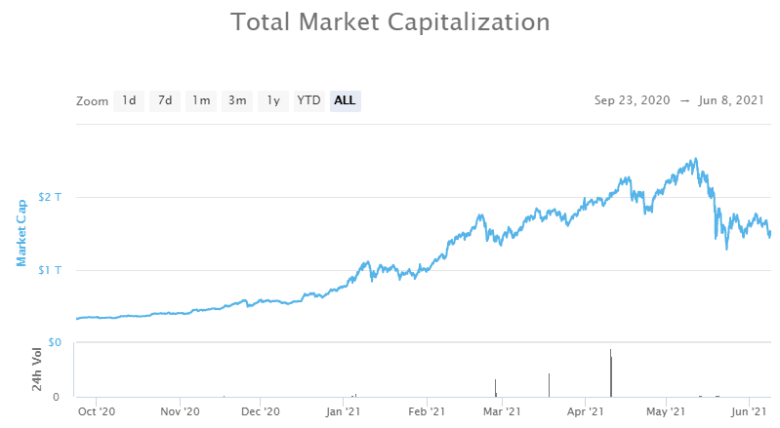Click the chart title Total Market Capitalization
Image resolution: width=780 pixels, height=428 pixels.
(x=390, y=21)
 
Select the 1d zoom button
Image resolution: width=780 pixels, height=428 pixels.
(x=129, y=100)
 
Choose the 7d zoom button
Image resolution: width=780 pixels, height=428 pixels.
(x=165, y=100)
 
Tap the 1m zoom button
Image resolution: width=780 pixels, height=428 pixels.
(x=201, y=100)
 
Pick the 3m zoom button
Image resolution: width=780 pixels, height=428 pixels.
(x=237, y=100)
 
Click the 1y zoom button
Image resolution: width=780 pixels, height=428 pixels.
(x=273, y=100)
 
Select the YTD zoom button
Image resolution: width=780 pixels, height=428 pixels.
(x=309, y=100)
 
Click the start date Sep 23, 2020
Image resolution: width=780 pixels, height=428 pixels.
(x=632, y=100)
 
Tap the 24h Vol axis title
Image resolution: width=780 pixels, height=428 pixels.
(x=36, y=370)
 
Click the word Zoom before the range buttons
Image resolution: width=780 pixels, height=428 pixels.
(x=92, y=100)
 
